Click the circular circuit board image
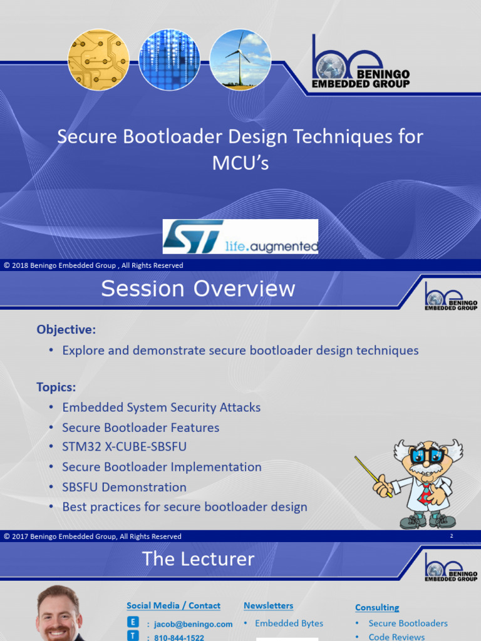pos(98,59)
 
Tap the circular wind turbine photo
pos(240,59)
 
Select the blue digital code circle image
pos(169,59)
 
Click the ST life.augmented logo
pos(240,237)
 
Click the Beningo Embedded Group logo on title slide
pos(361,63)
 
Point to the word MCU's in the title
pos(240,163)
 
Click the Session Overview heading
pos(198,289)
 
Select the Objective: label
pos(66,329)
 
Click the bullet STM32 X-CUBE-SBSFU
pos(124,447)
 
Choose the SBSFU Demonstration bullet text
pos(124,487)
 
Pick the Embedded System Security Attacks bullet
pos(161,408)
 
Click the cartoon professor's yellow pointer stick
pos(373,476)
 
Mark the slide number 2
pos(451,536)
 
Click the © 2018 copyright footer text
pos(93,265)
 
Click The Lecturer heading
pos(198,559)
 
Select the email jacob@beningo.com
pos(194,624)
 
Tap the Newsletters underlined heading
pos(268,605)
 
